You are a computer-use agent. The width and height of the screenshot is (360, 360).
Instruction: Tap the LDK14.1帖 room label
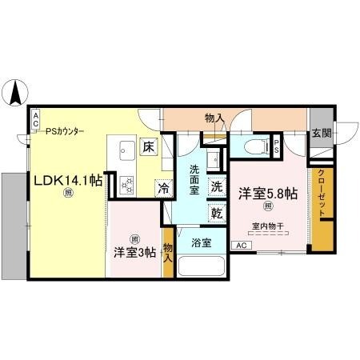tap(67, 181)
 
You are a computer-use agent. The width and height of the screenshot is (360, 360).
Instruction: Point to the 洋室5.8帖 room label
tap(268, 193)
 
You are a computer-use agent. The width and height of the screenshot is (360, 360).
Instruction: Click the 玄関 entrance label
tap(321, 134)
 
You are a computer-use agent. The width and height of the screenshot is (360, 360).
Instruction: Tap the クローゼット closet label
tap(322, 197)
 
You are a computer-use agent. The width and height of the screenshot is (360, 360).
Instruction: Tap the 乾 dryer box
tap(217, 213)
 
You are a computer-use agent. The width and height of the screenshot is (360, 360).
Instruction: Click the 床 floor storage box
tap(149, 146)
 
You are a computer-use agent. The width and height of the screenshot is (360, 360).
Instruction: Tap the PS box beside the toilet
tap(277, 146)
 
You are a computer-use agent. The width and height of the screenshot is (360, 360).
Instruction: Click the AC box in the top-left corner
tap(35, 121)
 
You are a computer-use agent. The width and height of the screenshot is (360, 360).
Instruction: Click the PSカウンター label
tap(65, 132)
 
